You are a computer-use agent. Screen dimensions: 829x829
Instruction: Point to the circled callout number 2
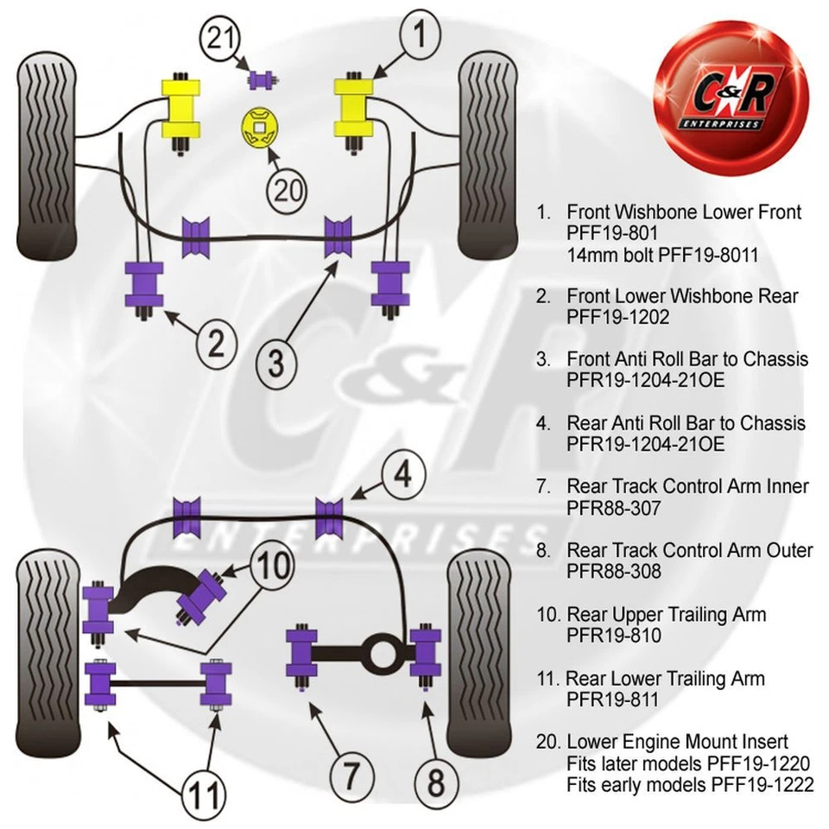pyautogui.click(x=214, y=344)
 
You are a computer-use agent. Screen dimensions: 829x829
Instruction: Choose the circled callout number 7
pyautogui.click(x=343, y=775)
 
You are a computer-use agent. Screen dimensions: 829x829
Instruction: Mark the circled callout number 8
pyautogui.click(x=436, y=782)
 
